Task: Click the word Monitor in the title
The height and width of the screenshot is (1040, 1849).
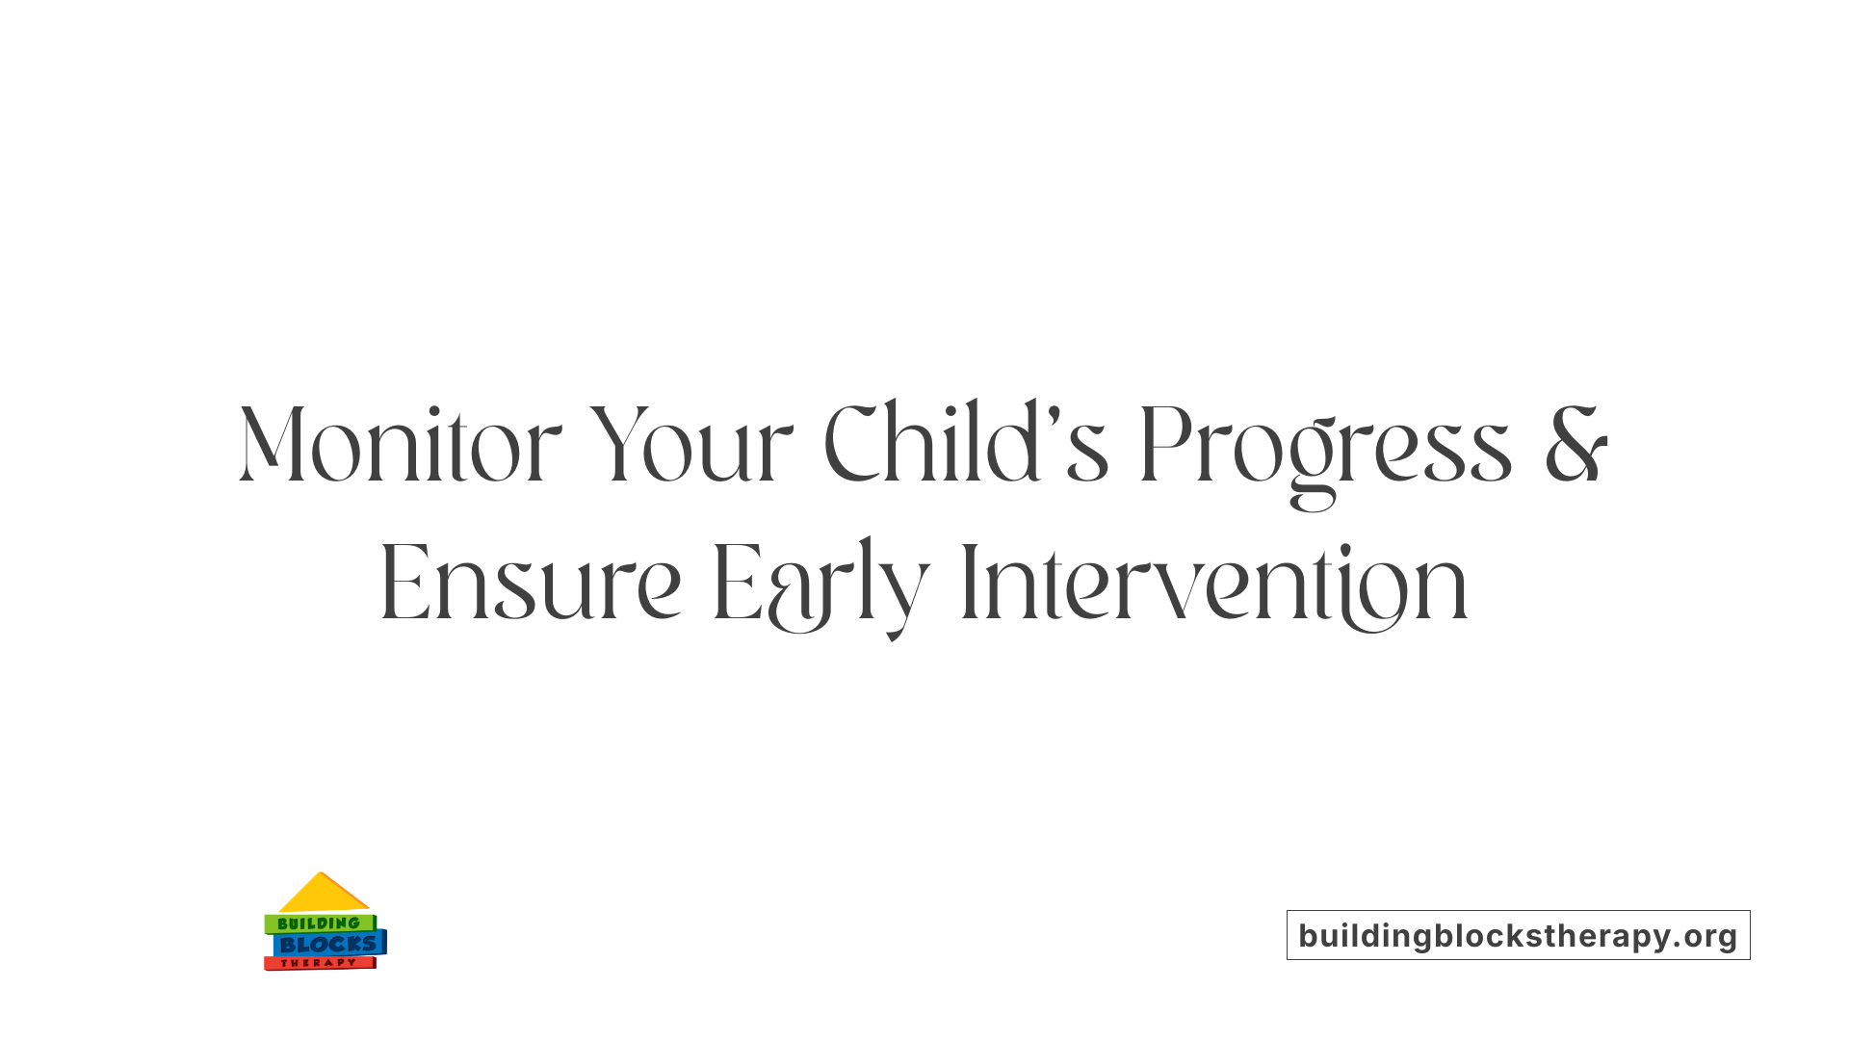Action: (400, 446)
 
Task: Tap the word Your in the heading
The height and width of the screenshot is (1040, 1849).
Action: (690, 446)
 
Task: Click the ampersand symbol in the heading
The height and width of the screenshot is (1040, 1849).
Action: (1576, 446)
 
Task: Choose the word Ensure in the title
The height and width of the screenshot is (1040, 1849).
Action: (531, 585)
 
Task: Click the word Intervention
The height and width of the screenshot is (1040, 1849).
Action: (1214, 585)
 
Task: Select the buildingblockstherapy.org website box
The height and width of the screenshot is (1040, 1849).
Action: (1518, 935)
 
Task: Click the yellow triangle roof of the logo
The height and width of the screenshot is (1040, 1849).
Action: (323, 895)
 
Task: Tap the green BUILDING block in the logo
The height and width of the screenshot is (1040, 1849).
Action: (319, 923)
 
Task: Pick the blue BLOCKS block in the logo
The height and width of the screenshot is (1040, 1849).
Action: (327, 945)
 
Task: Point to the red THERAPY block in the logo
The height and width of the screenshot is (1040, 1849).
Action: (319, 963)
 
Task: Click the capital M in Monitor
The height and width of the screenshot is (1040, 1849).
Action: (273, 446)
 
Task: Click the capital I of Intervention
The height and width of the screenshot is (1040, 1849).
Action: (970, 585)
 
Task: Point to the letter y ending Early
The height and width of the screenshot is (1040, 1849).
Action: (907, 597)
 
